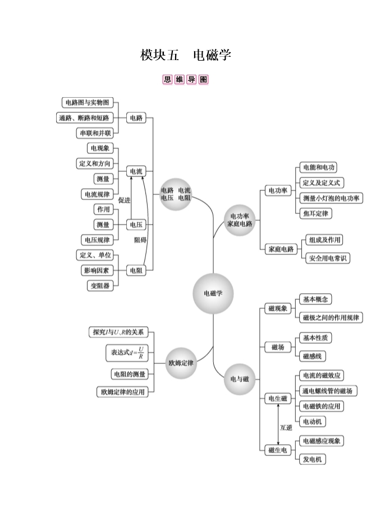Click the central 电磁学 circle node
click(213, 293)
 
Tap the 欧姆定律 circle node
click(181, 363)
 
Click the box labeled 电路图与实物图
click(88, 102)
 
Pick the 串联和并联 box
click(96, 133)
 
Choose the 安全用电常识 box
click(328, 258)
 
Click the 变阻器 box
click(99, 285)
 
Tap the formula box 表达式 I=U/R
click(126, 353)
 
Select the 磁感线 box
click(313, 356)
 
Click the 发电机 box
click(312, 459)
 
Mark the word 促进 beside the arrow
click(124, 200)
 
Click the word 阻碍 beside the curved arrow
click(140, 240)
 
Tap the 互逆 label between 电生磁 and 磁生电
click(286, 427)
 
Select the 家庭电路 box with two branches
click(281, 249)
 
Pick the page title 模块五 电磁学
click(185, 55)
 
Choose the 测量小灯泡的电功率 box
click(331, 198)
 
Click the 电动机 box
click(312, 421)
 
